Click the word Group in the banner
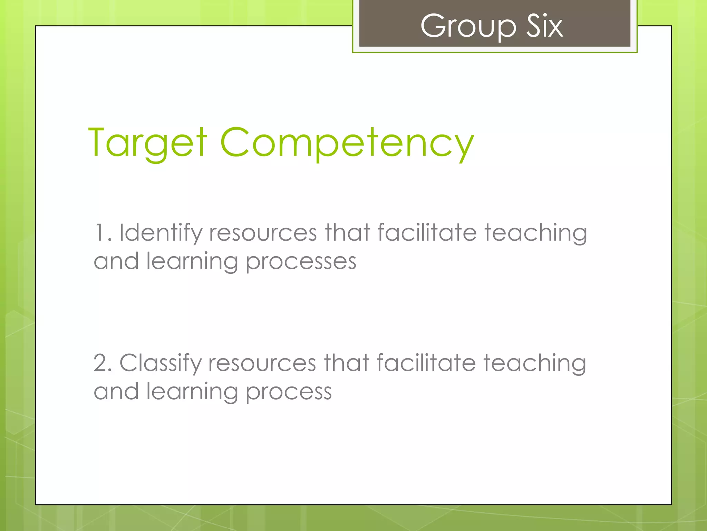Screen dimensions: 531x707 tap(468, 26)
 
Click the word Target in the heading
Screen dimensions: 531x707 tap(148, 142)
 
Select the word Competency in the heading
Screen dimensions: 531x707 tap(347, 142)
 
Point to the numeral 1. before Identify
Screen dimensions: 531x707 tap(103, 233)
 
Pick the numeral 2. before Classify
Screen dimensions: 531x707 tap(103, 363)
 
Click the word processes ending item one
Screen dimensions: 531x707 tap(301, 262)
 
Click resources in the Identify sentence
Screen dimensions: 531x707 tap(263, 233)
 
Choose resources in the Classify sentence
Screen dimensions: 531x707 tap(262, 363)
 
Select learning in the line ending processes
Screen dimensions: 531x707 tap(192, 262)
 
